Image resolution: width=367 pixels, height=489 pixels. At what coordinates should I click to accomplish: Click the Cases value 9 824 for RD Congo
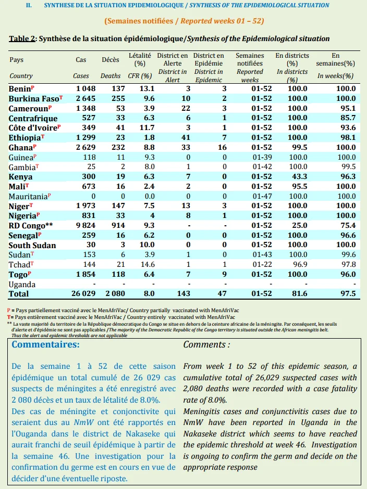(x=85, y=225)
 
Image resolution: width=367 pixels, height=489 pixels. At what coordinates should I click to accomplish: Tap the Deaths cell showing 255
(x=118, y=98)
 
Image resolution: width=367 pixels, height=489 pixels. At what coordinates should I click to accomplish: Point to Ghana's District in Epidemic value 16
(x=222, y=147)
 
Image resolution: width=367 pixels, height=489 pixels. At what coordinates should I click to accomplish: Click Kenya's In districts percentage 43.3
(x=299, y=176)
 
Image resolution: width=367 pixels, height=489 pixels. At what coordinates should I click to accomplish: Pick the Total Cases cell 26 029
(x=83, y=293)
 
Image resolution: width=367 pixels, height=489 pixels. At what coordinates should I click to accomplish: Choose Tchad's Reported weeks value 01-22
(x=262, y=264)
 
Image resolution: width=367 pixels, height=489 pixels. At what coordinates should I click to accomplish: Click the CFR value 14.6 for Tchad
(x=148, y=264)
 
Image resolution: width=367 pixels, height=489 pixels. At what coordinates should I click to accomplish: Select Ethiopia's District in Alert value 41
(x=186, y=137)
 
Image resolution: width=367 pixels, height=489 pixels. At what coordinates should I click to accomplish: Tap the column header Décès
(x=111, y=60)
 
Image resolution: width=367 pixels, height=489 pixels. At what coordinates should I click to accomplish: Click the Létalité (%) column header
(x=140, y=60)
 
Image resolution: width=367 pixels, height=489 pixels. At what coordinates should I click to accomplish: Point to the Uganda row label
(x=22, y=285)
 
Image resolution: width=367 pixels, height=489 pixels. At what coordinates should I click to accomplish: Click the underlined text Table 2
(x=22, y=38)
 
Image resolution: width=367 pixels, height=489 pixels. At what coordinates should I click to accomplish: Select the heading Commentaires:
(x=46, y=344)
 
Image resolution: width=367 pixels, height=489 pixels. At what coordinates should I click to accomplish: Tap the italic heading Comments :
(x=206, y=344)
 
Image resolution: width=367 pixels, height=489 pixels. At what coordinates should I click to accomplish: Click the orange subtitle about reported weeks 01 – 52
(x=184, y=21)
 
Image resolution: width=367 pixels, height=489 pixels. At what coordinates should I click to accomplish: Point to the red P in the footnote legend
(x=8, y=310)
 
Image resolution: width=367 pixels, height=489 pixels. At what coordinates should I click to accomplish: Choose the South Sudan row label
(x=32, y=245)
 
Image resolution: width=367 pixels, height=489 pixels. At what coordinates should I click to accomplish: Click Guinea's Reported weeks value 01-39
(x=262, y=157)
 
